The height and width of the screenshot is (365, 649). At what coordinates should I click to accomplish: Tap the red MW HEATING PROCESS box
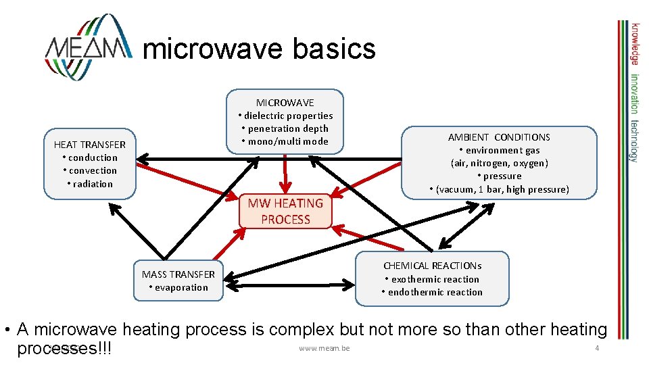point(285,211)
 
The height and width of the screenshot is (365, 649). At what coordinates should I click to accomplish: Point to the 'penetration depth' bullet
point(285,128)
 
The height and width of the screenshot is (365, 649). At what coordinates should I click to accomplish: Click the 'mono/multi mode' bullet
point(285,141)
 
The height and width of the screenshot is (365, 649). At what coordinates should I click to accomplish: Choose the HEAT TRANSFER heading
point(90,145)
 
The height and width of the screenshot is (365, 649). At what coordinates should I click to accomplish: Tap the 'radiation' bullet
point(90,184)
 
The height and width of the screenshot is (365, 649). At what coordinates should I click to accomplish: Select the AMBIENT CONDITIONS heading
point(499,137)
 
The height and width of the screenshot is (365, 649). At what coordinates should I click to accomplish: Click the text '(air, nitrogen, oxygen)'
point(499,163)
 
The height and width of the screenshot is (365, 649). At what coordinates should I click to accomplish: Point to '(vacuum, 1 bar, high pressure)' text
point(499,189)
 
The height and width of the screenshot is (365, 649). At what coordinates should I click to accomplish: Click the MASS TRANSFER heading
point(178,274)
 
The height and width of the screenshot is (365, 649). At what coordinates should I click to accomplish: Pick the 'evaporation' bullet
point(178,287)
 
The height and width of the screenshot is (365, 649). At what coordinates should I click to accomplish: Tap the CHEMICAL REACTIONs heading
point(432,266)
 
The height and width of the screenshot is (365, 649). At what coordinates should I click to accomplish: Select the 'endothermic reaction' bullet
point(432,292)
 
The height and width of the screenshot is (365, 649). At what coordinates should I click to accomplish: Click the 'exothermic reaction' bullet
point(432,279)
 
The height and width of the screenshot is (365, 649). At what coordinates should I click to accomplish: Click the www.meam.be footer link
point(323,348)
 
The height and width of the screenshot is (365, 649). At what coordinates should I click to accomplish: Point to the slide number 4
point(597,347)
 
